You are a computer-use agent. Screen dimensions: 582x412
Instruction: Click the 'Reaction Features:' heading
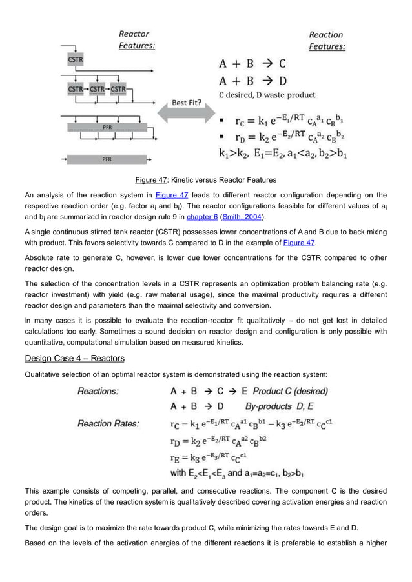point(326,41)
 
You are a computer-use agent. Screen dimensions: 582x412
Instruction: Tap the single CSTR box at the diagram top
point(75,59)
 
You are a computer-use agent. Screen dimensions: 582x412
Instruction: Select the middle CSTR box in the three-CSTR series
point(97,88)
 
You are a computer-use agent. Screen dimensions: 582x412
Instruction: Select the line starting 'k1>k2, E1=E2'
point(281,154)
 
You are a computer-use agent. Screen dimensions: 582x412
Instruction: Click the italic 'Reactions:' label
point(98,391)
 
